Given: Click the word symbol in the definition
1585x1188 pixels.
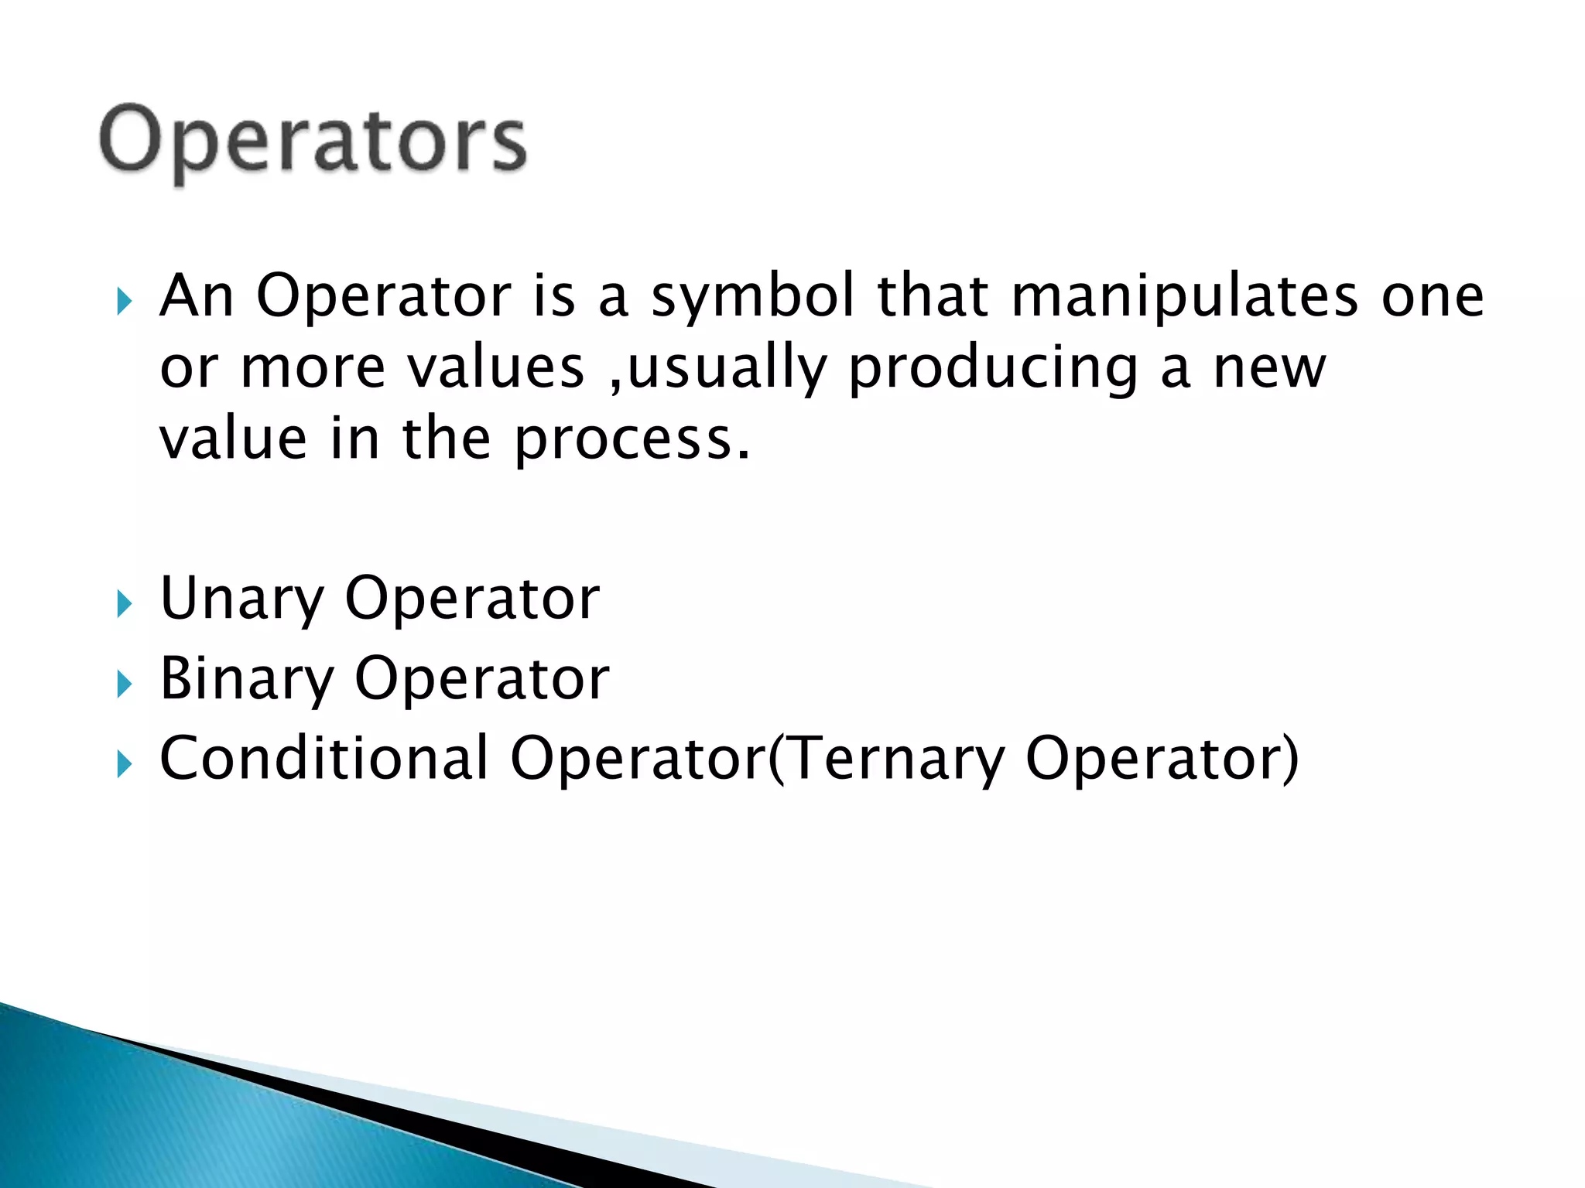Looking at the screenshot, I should [x=752, y=297].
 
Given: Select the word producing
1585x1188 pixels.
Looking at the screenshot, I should [x=993, y=370].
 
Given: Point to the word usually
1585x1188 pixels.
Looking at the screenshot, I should [x=725, y=370].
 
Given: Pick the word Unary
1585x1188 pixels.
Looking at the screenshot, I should [x=241, y=599].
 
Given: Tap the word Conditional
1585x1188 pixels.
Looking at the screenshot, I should [x=324, y=759].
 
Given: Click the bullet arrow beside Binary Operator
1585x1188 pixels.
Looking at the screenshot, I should [x=124, y=684].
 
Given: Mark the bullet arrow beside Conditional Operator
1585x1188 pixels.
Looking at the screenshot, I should [x=124, y=764].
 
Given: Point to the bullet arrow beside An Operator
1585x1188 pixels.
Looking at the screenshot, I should [x=124, y=301].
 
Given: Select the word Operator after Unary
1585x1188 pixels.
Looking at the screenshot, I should [x=472, y=599].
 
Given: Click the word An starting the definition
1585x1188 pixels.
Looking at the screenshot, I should [x=197, y=297].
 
